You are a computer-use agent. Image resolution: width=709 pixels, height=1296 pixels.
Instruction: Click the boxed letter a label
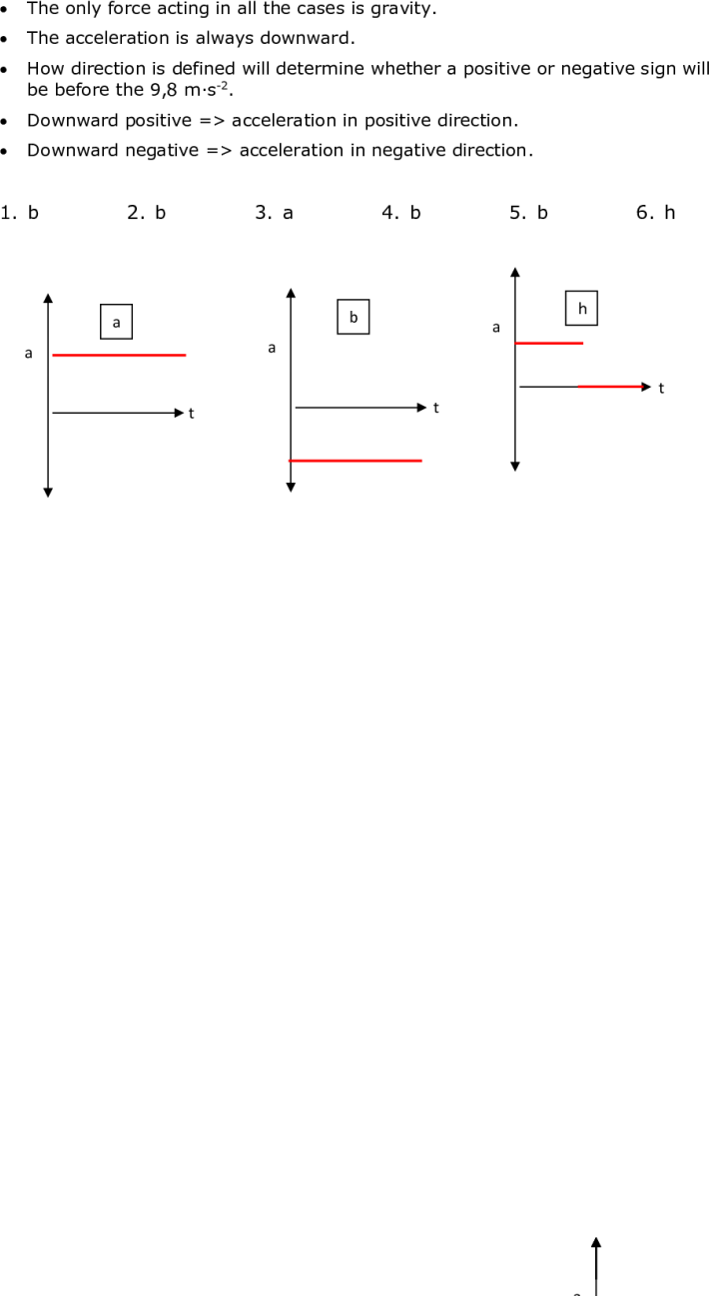coord(116,322)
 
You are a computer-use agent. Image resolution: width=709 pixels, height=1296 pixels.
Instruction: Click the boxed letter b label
coord(354,317)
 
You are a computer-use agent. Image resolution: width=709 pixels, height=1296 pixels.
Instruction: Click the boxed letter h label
coord(582,309)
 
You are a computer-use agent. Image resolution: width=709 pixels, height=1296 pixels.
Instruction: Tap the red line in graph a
coord(119,355)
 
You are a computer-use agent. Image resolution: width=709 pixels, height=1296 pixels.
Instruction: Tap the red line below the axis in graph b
coord(355,461)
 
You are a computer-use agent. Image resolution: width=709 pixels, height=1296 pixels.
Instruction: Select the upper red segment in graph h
coord(549,343)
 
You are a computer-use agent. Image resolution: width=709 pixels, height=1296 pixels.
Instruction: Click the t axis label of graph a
coord(192,414)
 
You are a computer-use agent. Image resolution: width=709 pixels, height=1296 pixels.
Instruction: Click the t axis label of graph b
coord(436,409)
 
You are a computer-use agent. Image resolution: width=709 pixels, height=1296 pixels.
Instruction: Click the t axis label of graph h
coord(661,389)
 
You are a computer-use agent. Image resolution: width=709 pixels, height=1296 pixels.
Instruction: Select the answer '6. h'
coord(655,212)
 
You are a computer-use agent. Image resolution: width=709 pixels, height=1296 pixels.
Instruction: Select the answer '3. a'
coord(275,212)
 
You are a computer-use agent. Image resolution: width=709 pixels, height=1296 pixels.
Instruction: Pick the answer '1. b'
coord(20,212)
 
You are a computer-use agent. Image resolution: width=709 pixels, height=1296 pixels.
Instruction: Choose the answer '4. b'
coord(401,212)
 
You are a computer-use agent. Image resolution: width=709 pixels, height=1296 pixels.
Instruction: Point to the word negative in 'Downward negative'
coord(162,151)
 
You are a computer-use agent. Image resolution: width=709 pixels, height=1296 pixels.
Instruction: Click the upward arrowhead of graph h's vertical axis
coord(515,272)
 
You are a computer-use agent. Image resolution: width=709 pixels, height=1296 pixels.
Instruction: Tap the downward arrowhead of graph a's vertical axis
coord(48,493)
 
